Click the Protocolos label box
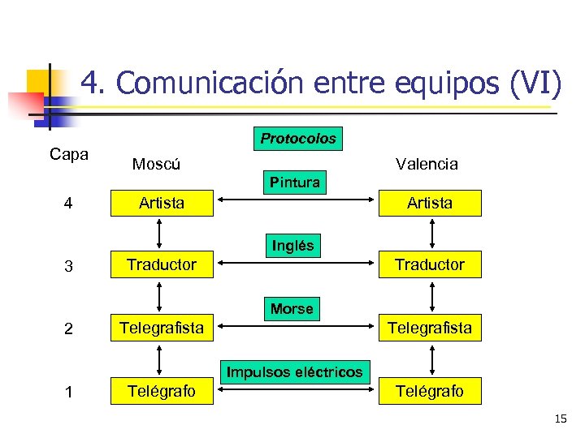pos(298,139)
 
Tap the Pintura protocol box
pos(295,182)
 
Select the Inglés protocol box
pos(293,245)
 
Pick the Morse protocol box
pos(292,308)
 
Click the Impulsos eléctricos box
pos(294,372)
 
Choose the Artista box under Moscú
pos(162,203)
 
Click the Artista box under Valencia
pos(430,203)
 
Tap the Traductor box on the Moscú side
pos(162,264)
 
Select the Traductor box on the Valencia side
pos(430,264)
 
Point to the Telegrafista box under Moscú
pos(162,328)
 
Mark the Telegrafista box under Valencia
pos(430,328)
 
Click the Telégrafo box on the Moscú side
pos(162,391)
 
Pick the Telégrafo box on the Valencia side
pos(430,391)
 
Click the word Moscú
pos(156,164)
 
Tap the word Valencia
pos(427,164)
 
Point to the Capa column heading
pos(69,154)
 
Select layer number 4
pos(69,204)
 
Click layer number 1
pos(69,392)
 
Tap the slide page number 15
pos(561,419)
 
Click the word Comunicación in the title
pos(210,83)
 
